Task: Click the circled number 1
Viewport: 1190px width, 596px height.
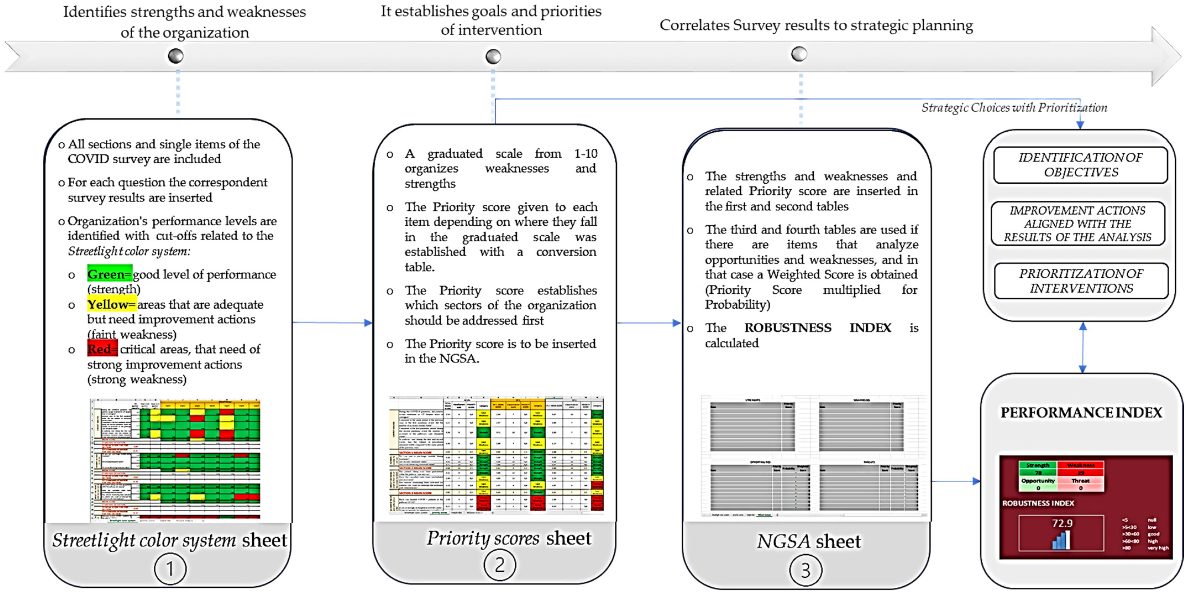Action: click(170, 568)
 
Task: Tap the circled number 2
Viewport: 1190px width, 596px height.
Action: click(499, 565)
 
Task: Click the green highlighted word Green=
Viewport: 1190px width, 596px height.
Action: click(109, 274)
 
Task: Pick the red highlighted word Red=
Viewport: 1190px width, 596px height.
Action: click(102, 349)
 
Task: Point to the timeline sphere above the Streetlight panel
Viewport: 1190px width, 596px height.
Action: click(175, 56)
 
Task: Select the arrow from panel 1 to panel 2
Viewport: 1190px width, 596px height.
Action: click(333, 322)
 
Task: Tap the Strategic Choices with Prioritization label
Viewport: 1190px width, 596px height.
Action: click(1014, 108)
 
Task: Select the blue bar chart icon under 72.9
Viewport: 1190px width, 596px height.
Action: click(1061, 540)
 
